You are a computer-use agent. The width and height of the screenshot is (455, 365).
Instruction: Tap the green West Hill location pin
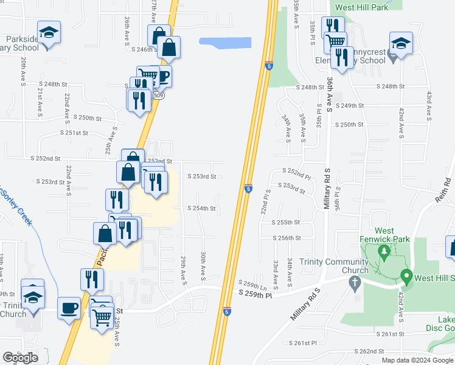406,277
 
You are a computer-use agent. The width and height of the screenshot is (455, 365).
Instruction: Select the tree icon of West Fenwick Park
384,251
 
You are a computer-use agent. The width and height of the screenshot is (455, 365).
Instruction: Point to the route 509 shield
158,96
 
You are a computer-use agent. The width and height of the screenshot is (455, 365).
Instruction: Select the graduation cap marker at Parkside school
49,32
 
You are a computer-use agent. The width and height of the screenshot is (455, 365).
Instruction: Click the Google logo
20,358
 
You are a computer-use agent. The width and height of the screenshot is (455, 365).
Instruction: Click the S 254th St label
201,208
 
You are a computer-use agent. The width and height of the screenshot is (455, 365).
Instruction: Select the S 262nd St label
372,351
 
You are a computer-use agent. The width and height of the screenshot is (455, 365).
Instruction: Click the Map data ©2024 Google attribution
417,360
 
